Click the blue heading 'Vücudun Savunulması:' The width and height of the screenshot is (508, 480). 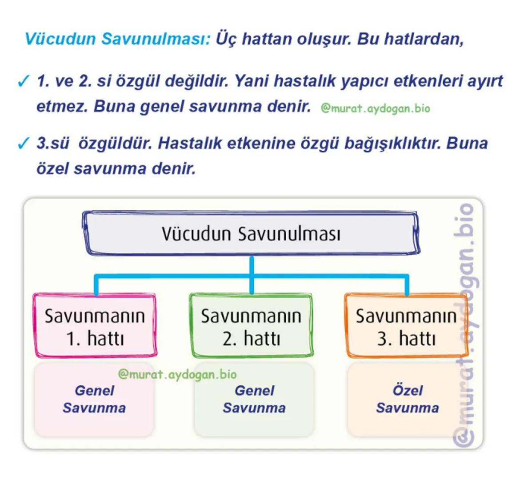tap(117, 39)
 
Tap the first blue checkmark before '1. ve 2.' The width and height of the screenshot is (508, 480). tap(23, 82)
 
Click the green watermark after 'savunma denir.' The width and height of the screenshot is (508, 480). tap(375, 108)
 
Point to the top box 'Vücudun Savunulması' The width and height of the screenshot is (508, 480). tap(251, 233)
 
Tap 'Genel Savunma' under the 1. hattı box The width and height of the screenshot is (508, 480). tap(94, 399)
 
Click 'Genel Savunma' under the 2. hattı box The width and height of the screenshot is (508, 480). tap(254, 399)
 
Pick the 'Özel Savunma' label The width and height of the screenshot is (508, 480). tap(407, 399)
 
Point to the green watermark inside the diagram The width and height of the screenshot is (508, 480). tap(177, 374)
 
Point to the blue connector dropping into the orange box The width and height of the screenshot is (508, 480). tap(406, 285)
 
